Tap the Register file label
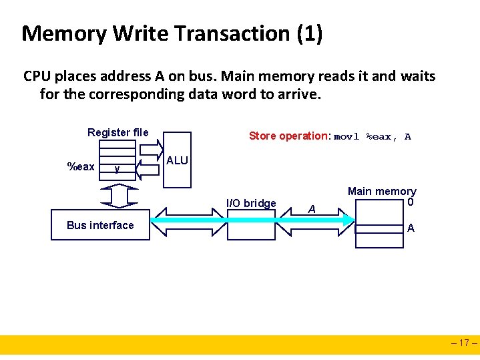click(118, 132)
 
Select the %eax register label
click(81, 166)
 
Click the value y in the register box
click(117, 168)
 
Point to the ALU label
click(177, 161)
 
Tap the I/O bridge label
click(251, 203)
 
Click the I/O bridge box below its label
click(251, 225)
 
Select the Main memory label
click(382, 192)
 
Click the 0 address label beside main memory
click(411, 202)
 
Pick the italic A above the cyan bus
click(311, 209)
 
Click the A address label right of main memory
click(411, 228)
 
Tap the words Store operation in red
click(288, 136)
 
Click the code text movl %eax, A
click(373, 137)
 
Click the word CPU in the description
click(37, 76)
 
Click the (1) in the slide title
click(310, 33)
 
